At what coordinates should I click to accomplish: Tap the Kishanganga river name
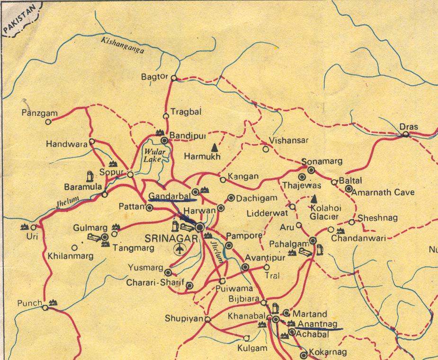(x=122, y=46)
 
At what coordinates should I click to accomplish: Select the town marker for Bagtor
(x=174, y=78)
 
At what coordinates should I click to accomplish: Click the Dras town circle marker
(x=406, y=135)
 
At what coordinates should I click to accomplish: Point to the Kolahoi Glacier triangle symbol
(x=314, y=199)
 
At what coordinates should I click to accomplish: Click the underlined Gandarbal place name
(x=169, y=195)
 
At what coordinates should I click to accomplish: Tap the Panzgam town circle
(x=48, y=122)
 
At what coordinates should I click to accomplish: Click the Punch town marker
(x=45, y=308)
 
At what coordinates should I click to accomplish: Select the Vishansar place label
(x=289, y=140)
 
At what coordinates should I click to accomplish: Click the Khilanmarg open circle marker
(x=74, y=247)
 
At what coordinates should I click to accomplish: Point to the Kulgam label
(x=250, y=348)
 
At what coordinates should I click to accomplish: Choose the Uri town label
(x=32, y=236)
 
